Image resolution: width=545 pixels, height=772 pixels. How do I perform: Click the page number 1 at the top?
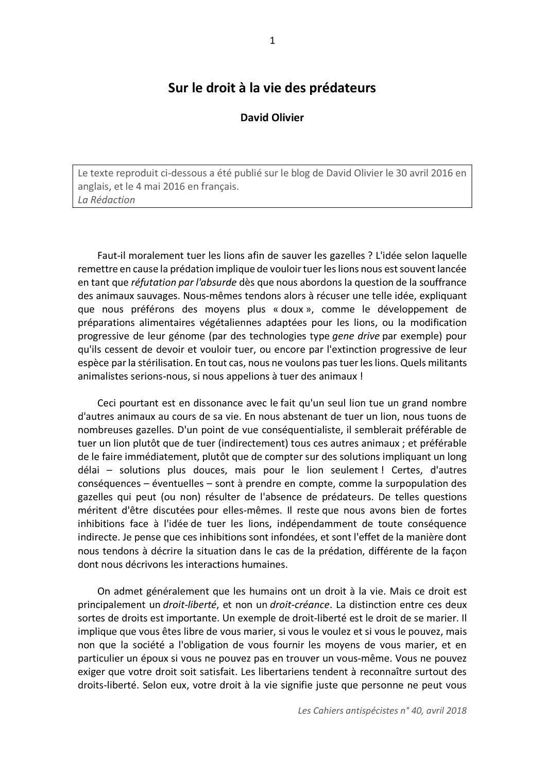click(x=272, y=41)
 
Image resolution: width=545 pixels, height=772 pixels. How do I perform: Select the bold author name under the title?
click(x=272, y=118)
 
